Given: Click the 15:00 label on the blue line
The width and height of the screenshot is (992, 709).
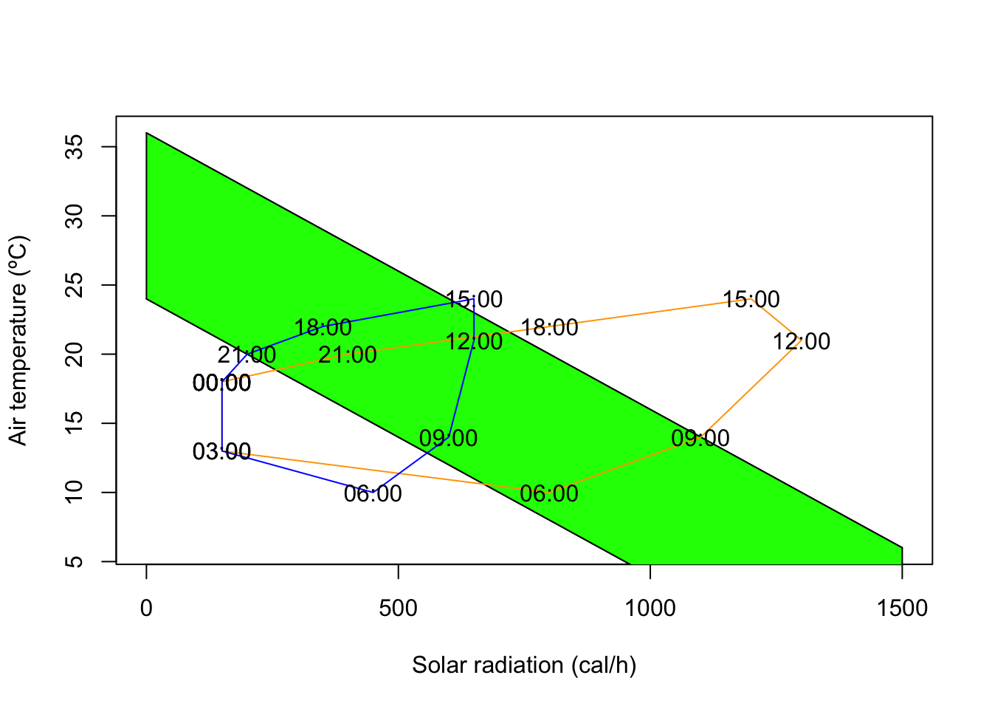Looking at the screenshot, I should [x=474, y=299].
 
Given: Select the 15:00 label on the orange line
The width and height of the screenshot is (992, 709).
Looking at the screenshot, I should [x=751, y=299].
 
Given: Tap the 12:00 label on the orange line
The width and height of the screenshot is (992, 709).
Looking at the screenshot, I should [x=802, y=341].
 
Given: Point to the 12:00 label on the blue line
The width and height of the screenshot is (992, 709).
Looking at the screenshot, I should [x=474, y=341].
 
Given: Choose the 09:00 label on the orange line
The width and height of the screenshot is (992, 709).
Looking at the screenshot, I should [x=700, y=438].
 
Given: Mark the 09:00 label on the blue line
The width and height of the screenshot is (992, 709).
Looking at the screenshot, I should [x=448, y=438].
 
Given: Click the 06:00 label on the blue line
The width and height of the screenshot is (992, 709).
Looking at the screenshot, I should [x=373, y=493].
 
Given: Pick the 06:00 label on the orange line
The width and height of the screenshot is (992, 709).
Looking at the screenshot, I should [x=549, y=493].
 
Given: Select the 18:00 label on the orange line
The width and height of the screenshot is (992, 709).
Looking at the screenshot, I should [x=549, y=327].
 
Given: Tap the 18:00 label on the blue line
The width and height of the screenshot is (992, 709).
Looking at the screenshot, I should [x=323, y=327].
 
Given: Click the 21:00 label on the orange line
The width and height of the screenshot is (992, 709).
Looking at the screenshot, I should [x=348, y=354].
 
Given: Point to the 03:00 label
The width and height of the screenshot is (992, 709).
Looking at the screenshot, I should [x=221, y=451].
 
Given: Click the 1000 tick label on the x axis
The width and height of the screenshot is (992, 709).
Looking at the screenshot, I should [x=650, y=608].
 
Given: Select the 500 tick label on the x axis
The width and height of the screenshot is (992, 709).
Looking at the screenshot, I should [x=398, y=608].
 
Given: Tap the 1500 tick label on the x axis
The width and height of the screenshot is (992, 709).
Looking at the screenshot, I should [x=902, y=608].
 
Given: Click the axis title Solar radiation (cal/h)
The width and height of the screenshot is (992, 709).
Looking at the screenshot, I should [x=524, y=665].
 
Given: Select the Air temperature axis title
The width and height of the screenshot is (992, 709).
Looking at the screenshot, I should [x=18, y=340].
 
